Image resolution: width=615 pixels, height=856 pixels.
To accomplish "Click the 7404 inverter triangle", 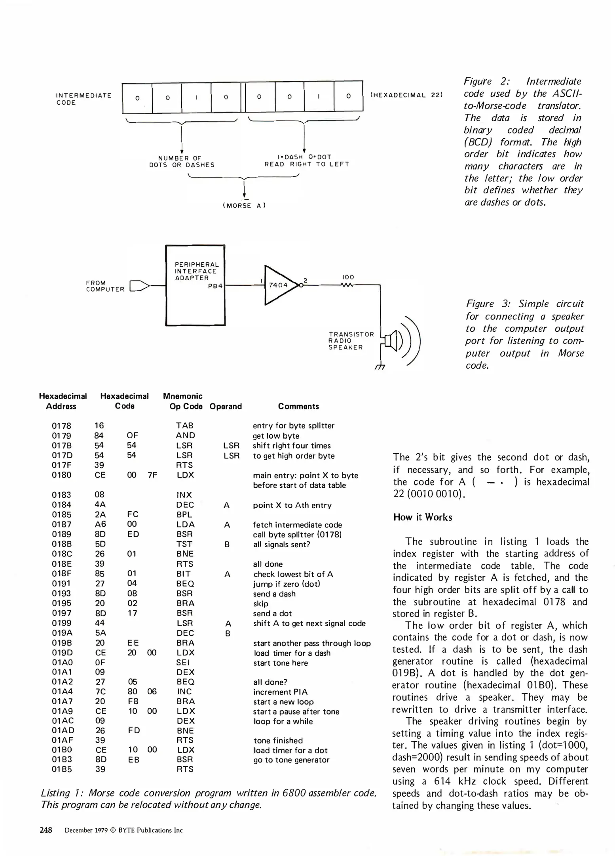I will pyautogui.click(x=279, y=285).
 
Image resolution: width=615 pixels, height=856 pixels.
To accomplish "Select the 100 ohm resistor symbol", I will pyautogui.click(x=347, y=285).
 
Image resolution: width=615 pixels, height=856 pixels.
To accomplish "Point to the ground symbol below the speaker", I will pyautogui.click(x=380, y=367).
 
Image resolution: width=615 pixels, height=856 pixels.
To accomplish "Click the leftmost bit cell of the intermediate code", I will pyautogui.click(x=137, y=97).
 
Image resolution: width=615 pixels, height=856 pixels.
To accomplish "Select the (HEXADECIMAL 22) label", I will pyautogui.click(x=406, y=95).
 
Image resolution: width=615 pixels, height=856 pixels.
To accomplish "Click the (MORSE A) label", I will pyautogui.click(x=244, y=205).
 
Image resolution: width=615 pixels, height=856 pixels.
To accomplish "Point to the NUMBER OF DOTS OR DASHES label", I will pyautogui.click(x=182, y=161).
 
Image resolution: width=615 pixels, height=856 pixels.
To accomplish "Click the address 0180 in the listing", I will pyautogui.click(x=62, y=475).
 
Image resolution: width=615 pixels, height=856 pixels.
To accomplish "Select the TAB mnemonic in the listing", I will pyautogui.click(x=185, y=426).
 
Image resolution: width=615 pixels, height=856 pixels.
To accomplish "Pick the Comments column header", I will pyautogui.click(x=298, y=406).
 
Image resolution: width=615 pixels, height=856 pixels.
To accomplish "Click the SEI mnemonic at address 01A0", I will pyautogui.click(x=183, y=663).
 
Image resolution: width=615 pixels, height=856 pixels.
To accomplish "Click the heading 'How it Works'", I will pyautogui.click(x=422, y=517).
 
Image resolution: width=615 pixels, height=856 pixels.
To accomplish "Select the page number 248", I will pyautogui.click(x=46, y=830).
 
